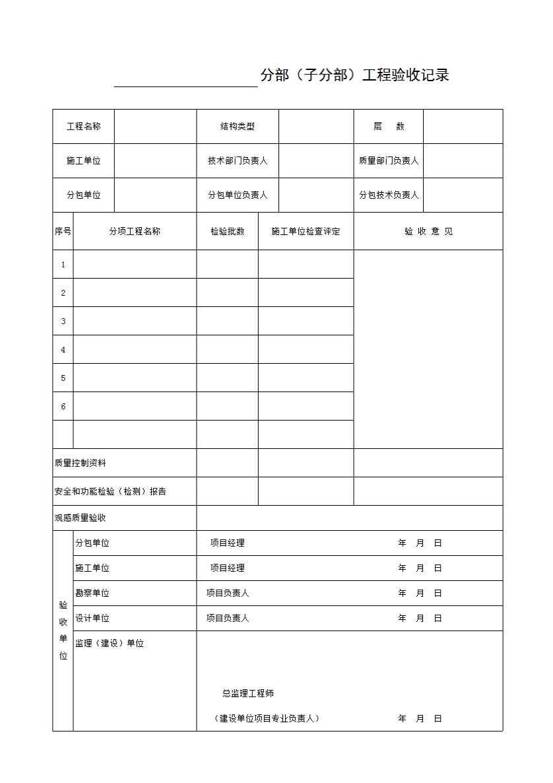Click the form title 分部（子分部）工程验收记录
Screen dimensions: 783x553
click(354, 75)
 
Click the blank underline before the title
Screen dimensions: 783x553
click(185, 81)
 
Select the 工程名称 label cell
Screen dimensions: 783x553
click(84, 127)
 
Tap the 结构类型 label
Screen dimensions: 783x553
click(238, 127)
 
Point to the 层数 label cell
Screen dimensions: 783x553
click(389, 127)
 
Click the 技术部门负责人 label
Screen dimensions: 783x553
click(238, 161)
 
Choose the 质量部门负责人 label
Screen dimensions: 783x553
click(389, 161)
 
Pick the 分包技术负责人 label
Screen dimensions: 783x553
click(389, 195)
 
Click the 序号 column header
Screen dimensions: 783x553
click(63, 231)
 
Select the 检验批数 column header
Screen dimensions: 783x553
click(227, 231)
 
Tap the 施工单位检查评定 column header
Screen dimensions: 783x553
click(306, 231)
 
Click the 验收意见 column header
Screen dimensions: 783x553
click(428, 231)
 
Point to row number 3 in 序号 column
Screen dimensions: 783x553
click(63, 322)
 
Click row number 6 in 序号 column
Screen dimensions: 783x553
click(63, 407)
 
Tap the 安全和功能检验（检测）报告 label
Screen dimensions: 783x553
click(110, 492)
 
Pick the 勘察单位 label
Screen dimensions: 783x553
click(92, 594)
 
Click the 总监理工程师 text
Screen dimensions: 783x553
click(248, 694)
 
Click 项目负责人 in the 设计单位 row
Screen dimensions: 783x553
click(228, 619)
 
